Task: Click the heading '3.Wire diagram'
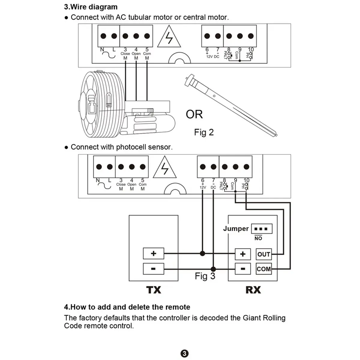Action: pos(91,7)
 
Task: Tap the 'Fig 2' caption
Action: pos(204,132)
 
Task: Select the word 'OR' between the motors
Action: pos(194,114)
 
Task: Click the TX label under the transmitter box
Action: pos(154,290)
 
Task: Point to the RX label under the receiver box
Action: pos(253,290)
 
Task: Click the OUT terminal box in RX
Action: pos(264,254)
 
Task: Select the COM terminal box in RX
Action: pos(264,269)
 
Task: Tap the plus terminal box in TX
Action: pos(153,253)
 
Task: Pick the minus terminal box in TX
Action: pos(153,268)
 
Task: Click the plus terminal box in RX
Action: pos(243,254)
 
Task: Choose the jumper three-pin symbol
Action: pos(261,229)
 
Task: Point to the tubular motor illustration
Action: pos(231,105)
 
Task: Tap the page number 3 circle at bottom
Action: pos(184,353)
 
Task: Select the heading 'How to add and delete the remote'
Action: pos(127,307)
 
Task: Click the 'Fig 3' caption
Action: pos(205,276)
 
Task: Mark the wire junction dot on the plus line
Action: pos(202,253)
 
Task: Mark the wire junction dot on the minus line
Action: pos(213,268)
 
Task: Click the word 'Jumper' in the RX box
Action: pos(236,229)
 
